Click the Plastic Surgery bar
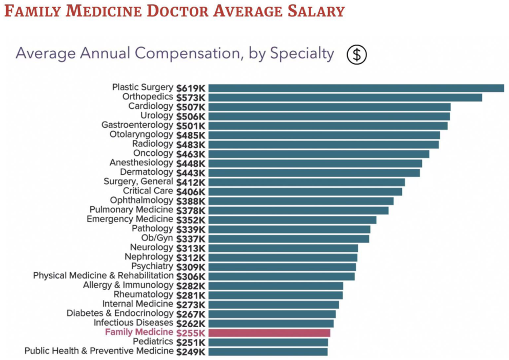[356, 88]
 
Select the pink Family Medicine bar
[269, 333]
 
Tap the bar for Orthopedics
[345, 97]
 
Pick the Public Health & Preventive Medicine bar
[268, 352]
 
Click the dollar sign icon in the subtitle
[357, 54]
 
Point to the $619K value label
[191, 88]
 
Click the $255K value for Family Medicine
[191, 333]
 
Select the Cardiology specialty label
[151, 107]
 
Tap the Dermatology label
[147, 172]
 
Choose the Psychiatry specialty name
[152, 267]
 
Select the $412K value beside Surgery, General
[191, 182]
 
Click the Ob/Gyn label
[157, 238]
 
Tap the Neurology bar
[283, 248]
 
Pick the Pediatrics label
[153, 342]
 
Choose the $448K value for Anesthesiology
[191, 163]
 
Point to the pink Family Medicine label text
[139, 332]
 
